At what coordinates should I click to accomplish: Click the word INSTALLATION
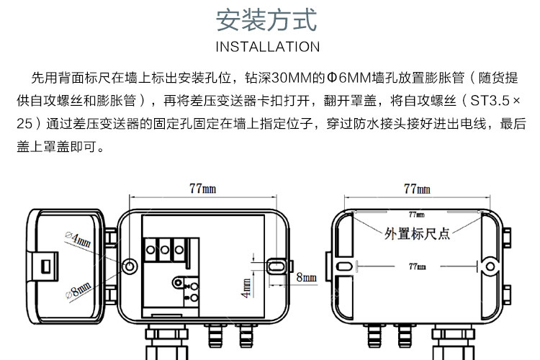tap(267, 47)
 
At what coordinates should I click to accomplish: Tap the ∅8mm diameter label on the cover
tap(78, 291)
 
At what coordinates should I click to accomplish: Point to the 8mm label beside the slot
tap(307, 276)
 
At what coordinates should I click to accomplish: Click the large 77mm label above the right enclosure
tap(417, 189)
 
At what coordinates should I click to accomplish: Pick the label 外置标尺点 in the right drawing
tap(417, 233)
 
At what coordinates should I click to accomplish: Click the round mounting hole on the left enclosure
tap(130, 265)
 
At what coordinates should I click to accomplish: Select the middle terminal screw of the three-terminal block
tap(166, 251)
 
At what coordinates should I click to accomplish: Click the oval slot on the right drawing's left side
tap(345, 265)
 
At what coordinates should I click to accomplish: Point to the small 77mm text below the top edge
tap(417, 215)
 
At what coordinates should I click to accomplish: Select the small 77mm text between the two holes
tap(417, 266)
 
